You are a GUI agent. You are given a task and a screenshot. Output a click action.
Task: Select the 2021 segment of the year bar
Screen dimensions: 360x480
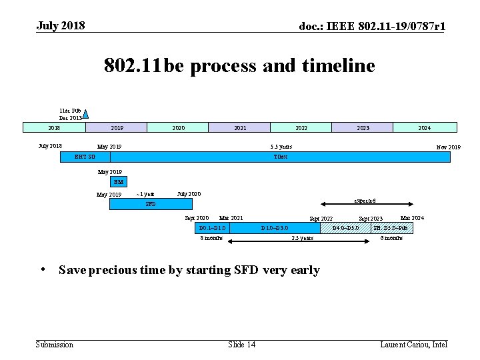(239, 127)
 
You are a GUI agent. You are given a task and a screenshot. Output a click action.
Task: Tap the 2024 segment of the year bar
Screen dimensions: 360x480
(425, 127)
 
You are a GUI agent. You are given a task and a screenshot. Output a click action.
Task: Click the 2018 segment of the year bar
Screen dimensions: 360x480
(54, 127)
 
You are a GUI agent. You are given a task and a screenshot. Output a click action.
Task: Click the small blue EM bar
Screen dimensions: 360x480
(119, 181)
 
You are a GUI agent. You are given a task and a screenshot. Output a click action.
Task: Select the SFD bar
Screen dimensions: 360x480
(151, 204)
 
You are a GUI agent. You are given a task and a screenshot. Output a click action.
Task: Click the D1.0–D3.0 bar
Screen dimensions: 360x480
(275, 228)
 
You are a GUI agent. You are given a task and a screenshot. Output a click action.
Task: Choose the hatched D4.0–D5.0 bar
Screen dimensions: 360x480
(346, 228)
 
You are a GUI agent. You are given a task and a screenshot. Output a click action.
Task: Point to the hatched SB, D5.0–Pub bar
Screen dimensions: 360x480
(391, 228)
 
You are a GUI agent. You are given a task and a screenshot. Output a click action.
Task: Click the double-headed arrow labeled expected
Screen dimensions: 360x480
(364, 205)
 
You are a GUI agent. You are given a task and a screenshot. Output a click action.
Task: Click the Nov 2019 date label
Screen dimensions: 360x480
(448, 147)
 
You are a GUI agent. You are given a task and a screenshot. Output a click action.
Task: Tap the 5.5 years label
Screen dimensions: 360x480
(281, 147)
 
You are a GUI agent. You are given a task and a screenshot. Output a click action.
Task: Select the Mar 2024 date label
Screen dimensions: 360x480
(411, 218)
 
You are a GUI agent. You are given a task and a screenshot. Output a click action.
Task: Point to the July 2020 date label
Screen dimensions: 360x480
(189, 194)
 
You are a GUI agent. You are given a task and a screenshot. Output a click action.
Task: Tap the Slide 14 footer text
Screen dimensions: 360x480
(241, 344)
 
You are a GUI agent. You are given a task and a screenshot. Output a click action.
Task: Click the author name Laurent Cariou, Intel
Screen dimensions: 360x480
(413, 344)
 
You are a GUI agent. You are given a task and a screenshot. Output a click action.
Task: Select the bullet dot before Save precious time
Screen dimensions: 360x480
(42, 269)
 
